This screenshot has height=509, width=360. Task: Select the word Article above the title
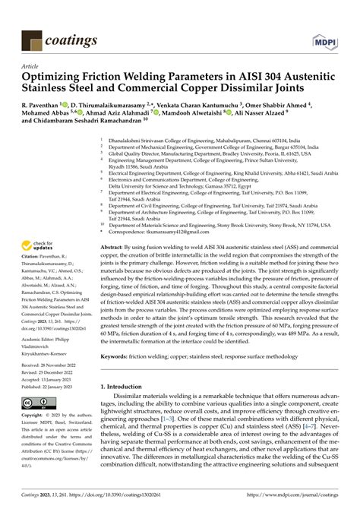[x=32, y=67]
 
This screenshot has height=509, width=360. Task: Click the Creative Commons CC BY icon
[x=38, y=403]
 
